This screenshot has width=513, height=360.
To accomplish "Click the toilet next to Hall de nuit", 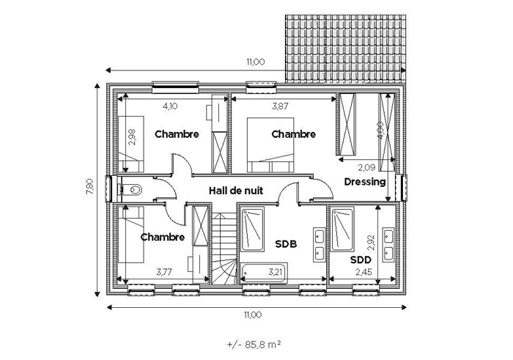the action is tap(132, 189).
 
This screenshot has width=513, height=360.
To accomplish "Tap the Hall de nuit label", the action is tap(236, 191).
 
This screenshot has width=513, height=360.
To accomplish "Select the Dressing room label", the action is tap(365, 182).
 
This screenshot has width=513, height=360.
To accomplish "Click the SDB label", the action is tap(286, 244).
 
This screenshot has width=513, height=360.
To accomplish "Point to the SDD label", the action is tap(361, 260).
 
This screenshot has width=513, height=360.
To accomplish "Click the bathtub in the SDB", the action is tap(264, 273).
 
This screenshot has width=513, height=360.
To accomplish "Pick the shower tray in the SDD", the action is tap(342, 229).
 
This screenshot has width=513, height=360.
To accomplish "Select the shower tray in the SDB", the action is tap(252, 229).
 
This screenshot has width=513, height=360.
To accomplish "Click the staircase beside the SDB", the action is tap(224, 249).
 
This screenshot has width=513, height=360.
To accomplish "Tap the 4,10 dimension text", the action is tap(170, 106).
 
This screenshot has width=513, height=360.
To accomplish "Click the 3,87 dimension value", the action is tap(280, 106).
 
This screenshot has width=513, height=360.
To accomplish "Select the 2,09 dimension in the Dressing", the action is tap(366, 168).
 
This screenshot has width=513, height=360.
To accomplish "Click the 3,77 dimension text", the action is tap(164, 272).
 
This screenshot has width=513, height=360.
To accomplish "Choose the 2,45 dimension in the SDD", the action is tap(363, 272).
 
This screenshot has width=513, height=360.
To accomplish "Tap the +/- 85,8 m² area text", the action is tap(254, 345).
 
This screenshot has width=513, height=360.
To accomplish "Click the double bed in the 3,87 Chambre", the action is tap(270, 145).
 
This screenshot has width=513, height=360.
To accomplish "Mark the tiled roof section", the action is tap(345, 49).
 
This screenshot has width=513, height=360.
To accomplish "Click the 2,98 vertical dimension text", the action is tap(132, 137).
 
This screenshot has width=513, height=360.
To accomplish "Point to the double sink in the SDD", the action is tap(388, 244).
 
